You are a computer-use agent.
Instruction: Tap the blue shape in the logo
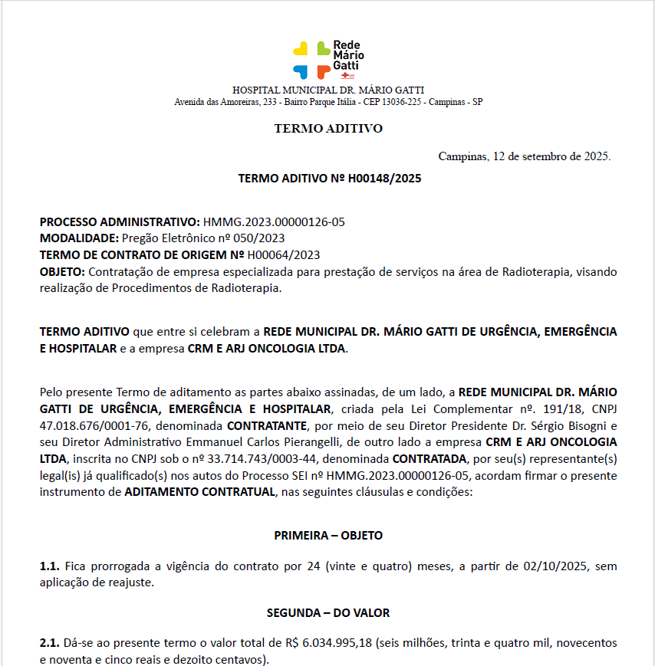[x=301, y=71]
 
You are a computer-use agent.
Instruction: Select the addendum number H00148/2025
[x=384, y=179]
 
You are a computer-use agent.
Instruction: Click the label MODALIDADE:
[x=79, y=238]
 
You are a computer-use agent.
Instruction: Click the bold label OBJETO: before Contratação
[x=63, y=272]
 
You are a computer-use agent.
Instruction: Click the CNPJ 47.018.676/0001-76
[x=92, y=425]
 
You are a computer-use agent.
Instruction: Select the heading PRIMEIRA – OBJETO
[x=328, y=535]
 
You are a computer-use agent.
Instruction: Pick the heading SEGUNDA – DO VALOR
[x=328, y=612]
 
